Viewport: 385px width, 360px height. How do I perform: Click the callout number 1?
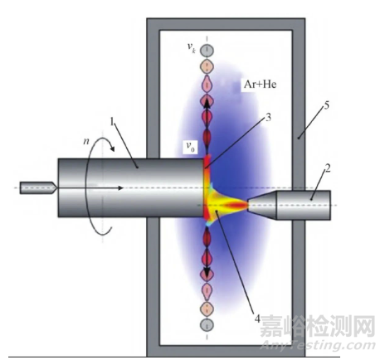(x=111, y=121)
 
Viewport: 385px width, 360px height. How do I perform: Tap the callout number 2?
(x=328, y=168)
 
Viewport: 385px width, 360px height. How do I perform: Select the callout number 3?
(x=268, y=118)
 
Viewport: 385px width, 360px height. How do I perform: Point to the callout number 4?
(x=257, y=319)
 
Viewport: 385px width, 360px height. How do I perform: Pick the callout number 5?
(x=326, y=105)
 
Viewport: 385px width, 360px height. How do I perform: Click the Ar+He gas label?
(x=260, y=84)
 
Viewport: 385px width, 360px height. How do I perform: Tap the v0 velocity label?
(x=191, y=147)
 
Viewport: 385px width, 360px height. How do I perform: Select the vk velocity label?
(x=192, y=47)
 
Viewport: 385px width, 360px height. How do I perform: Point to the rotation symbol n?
(x=86, y=141)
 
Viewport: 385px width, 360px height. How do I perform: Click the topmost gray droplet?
(x=207, y=51)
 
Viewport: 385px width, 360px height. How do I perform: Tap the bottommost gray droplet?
(x=207, y=324)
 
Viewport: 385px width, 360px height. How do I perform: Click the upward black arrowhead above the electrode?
(x=207, y=104)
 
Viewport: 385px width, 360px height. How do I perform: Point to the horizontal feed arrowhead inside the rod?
(x=120, y=188)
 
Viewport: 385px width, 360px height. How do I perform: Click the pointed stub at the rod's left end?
(x=38, y=188)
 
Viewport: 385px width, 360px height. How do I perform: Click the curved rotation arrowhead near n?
(x=112, y=148)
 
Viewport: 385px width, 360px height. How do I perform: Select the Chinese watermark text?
(x=317, y=327)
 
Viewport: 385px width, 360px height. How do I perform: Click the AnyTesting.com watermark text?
(x=318, y=345)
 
